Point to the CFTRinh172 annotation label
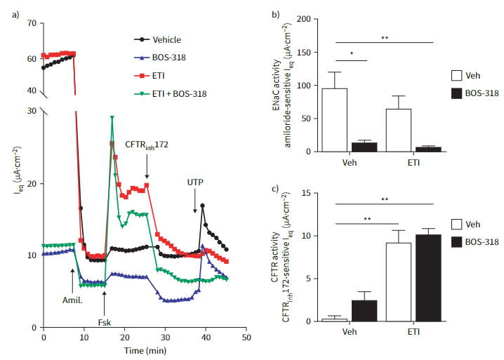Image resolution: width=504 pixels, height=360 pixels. (146, 145)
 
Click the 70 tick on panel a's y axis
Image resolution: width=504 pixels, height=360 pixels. (31, 23)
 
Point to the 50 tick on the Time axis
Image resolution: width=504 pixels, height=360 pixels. (246, 338)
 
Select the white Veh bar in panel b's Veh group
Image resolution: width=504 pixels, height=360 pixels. (339, 119)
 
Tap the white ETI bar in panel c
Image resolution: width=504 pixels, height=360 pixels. (399, 282)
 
